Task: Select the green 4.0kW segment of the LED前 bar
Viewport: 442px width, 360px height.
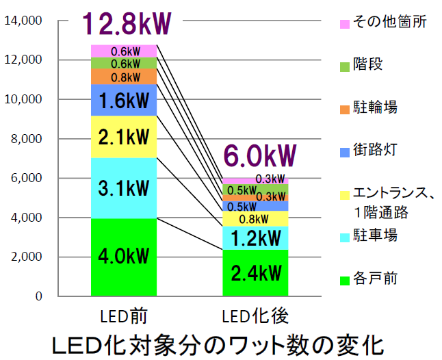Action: pyautogui.click(x=124, y=257)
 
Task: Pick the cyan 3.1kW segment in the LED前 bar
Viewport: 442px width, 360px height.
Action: pyautogui.click(x=124, y=188)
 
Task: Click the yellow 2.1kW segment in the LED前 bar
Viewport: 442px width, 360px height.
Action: pyautogui.click(x=124, y=137)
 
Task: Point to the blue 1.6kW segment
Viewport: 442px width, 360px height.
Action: pyautogui.click(x=124, y=101)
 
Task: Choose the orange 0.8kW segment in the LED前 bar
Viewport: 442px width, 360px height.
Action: pyautogui.click(x=124, y=77)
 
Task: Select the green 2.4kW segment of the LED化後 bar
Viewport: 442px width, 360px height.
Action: pyautogui.click(x=255, y=273)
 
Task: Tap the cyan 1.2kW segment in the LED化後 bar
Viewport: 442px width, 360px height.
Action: pyautogui.click(x=255, y=237)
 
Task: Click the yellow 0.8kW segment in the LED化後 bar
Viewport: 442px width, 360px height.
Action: pyautogui.click(x=255, y=219)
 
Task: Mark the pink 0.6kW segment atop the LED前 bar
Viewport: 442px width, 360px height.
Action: pyautogui.click(x=124, y=51)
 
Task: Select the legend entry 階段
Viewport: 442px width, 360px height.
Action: pyautogui.click(x=367, y=65)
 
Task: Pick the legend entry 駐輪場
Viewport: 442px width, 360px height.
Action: pyautogui.click(x=374, y=107)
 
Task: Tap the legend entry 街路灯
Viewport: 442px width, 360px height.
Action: pyautogui.click(x=374, y=150)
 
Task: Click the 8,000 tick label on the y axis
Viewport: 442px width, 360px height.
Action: pyautogui.click(x=27, y=139)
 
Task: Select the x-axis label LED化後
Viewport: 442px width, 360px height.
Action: pyautogui.click(x=255, y=316)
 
